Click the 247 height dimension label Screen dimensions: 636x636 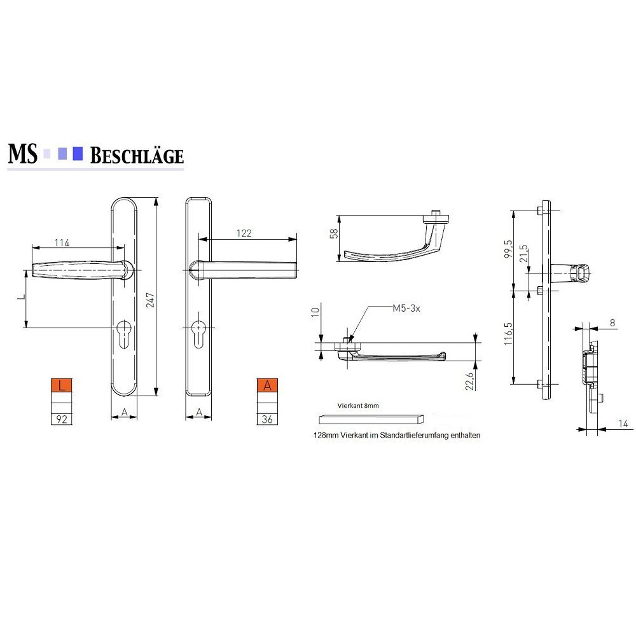point(150,300)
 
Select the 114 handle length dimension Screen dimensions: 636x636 point(62,242)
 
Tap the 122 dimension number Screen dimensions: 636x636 point(244,233)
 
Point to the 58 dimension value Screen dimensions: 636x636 point(334,233)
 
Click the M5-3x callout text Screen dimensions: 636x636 point(406,308)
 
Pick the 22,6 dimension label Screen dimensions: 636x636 point(469,381)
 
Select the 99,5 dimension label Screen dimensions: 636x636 point(509,249)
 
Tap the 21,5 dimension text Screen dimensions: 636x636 point(523,254)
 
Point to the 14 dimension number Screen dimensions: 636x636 point(623,424)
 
